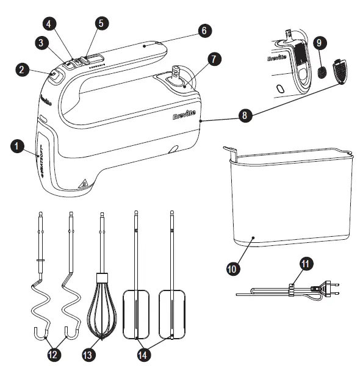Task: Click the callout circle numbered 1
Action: click(18, 146)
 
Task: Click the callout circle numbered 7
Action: click(213, 59)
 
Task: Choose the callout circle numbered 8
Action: click(244, 116)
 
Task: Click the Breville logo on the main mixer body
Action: click(186, 114)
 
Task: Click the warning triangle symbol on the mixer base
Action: click(84, 182)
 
